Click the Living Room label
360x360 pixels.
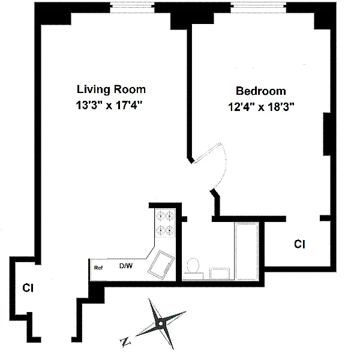click(x=111, y=89)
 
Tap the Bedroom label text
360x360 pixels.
click(x=261, y=91)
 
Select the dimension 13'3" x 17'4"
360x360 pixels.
click(x=109, y=106)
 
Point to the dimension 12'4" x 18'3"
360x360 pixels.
click(x=261, y=107)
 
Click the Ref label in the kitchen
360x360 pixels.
click(x=98, y=268)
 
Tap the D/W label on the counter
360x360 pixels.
click(x=126, y=266)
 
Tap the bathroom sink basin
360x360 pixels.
click(x=220, y=274)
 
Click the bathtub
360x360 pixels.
click(x=247, y=251)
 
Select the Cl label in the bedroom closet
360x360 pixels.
click(x=299, y=244)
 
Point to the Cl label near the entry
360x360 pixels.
click(x=28, y=288)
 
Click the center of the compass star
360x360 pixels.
click(x=160, y=324)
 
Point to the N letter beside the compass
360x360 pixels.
click(x=125, y=343)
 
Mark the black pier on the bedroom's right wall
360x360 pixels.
click(x=327, y=134)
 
